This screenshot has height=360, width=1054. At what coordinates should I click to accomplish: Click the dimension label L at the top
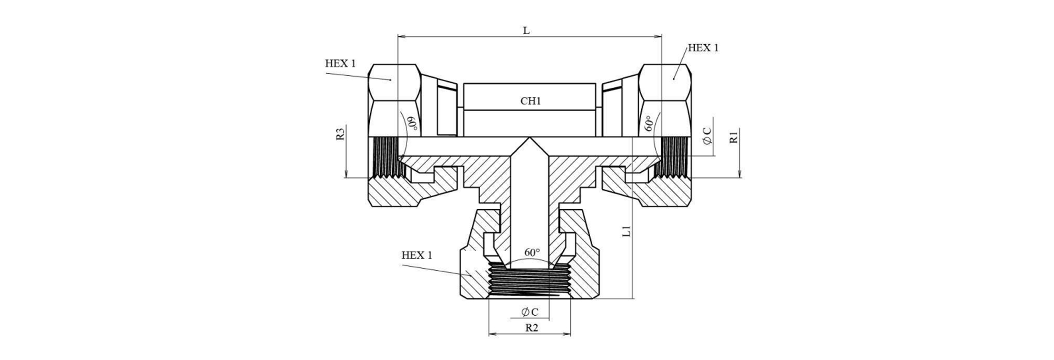pos(526,31)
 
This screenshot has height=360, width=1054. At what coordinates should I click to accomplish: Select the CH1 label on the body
pos(530,101)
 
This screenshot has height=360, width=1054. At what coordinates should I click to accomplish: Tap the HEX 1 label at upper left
pos(340,64)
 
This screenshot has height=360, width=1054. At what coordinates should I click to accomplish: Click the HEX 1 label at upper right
pos(703,48)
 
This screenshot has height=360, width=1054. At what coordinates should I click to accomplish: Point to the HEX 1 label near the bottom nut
pos(417,255)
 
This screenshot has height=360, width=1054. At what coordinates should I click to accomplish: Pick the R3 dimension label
pos(341,134)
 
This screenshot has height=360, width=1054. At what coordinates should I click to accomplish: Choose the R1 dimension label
pos(734,137)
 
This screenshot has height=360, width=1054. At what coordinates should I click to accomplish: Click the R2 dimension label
pos(532,328)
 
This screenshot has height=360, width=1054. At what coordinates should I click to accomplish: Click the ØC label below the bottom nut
pos(530,312)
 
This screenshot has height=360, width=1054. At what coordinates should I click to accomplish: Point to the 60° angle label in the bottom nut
pos(532,253)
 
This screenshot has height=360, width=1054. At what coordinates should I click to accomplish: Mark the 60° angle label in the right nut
pos(649,123)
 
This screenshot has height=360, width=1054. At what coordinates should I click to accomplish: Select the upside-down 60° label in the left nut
pos(411,123)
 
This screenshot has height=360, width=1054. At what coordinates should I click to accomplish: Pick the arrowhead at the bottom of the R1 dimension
pos(739,174)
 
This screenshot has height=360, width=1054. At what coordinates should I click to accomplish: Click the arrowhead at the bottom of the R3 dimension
pos(346,174)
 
